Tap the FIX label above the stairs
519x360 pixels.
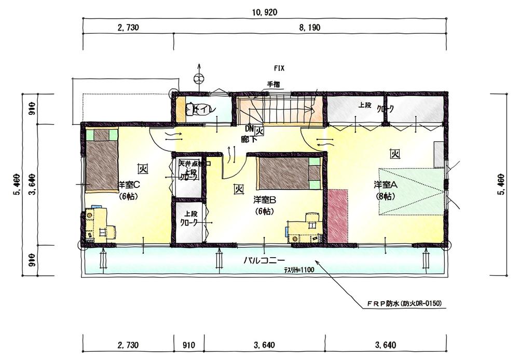point(279,68)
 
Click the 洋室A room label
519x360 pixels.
point(386,185)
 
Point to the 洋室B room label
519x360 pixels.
point(264,199)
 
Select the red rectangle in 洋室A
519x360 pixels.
point(338,216)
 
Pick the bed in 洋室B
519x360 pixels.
point(289,174)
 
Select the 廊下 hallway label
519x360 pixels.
point(247,139)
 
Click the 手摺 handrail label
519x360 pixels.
point(273,84)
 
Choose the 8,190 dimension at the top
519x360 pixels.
point(310,28)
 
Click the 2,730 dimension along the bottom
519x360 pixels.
point(128,344)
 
